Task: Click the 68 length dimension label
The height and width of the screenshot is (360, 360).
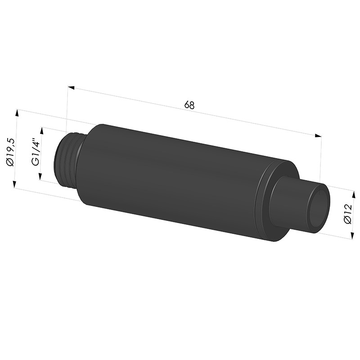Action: point(189,105)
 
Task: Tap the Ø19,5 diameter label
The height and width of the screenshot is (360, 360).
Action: point(10,152)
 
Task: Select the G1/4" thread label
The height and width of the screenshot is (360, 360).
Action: point(36,152)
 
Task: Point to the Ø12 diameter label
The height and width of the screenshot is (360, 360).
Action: point(347,213)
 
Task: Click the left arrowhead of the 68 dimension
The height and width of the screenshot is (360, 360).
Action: point(71,88)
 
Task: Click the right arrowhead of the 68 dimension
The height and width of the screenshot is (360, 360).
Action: point(318,135)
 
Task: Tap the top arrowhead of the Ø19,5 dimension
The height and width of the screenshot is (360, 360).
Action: point(16,113)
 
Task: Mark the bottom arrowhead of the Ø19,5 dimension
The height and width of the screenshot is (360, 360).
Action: point(14,184)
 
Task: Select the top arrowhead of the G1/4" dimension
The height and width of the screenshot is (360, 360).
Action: point(42,131)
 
